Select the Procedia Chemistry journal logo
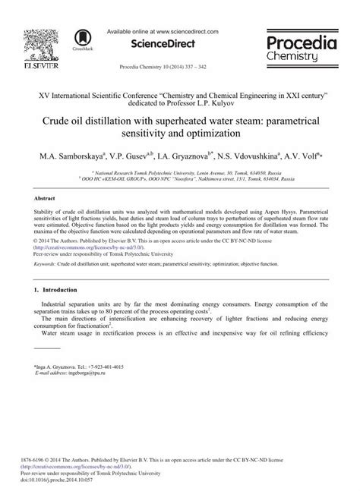point(302,49)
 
